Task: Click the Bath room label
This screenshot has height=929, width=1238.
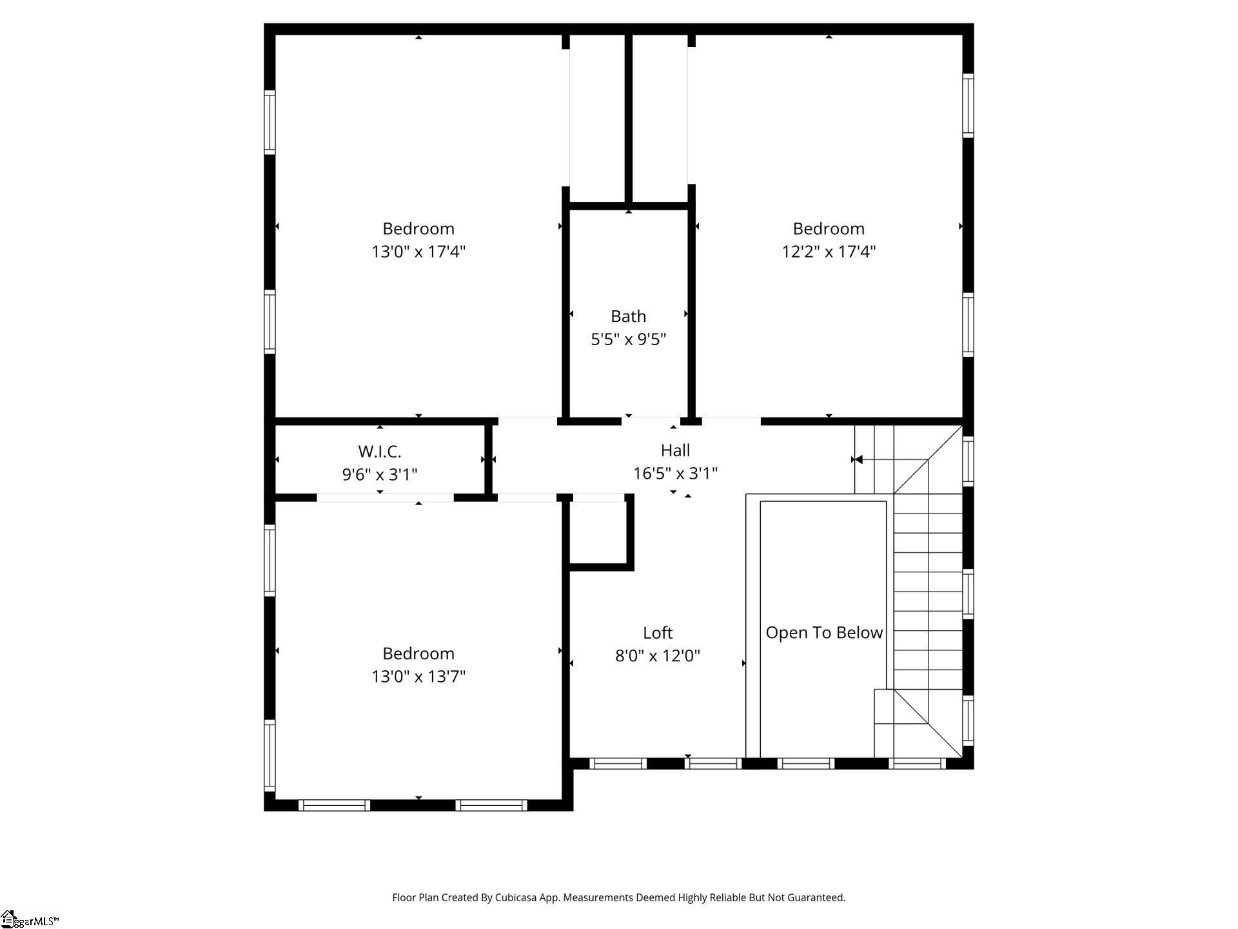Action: coord(628,316)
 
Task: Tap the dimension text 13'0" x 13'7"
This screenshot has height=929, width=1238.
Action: coord(418,676)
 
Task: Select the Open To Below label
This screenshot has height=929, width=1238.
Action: coord(824,633)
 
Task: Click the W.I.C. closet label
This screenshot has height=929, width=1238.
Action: coord(380,451)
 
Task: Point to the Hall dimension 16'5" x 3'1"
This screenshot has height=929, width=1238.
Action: coord(675,474)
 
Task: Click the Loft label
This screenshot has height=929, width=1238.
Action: coord(658,633)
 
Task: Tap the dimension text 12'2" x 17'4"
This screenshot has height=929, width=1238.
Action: coord(829,251)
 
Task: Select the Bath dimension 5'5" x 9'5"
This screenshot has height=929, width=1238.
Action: coord(628,339)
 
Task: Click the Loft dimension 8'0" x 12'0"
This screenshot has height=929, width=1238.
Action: coord(658,655)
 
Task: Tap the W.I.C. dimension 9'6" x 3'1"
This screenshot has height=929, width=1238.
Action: coord(380,474)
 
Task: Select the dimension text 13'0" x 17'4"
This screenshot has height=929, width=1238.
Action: coord(418,251)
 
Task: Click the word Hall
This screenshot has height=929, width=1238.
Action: coord(675,450)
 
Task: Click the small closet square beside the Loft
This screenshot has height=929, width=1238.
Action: coord(598,532)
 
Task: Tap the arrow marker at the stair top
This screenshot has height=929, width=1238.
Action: coord(857,459)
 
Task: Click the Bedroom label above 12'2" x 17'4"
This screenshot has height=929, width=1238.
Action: coord(829,228)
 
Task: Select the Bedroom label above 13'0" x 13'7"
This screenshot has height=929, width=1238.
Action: coord(418,654)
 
